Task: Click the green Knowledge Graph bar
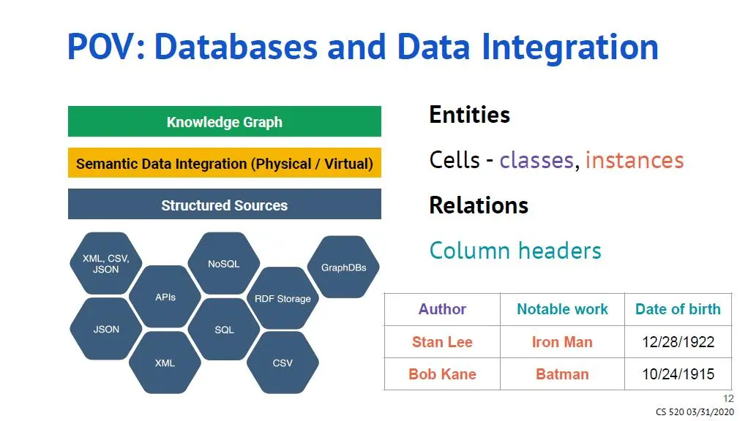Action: tap(224, 121)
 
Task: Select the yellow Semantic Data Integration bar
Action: tap(224, 163)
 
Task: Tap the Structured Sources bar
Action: tap(224, 205)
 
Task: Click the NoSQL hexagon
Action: tap(224, 263)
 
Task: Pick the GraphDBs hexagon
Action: tap(343, 267)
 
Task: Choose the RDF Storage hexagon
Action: tap(283, 298)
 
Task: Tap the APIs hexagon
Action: tap(165, 297)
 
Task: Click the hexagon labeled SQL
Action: tap(224, 330)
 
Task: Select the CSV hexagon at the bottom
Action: tap(283, 362)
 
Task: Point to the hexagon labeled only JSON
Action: tap(106, 329)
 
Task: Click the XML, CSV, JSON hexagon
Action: tap(106, 264)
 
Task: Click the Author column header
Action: tap(442, 309)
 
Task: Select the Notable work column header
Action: tap(562, 309)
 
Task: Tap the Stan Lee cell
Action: tap(442, 341)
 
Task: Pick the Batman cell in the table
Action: tap(562, 373)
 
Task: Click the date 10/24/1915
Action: tap(678, 373)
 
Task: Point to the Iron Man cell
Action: tap(562, 341)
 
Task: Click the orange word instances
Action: tap(634, 159)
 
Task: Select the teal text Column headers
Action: tap(515, 251)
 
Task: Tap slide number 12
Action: tap(728, 398)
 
